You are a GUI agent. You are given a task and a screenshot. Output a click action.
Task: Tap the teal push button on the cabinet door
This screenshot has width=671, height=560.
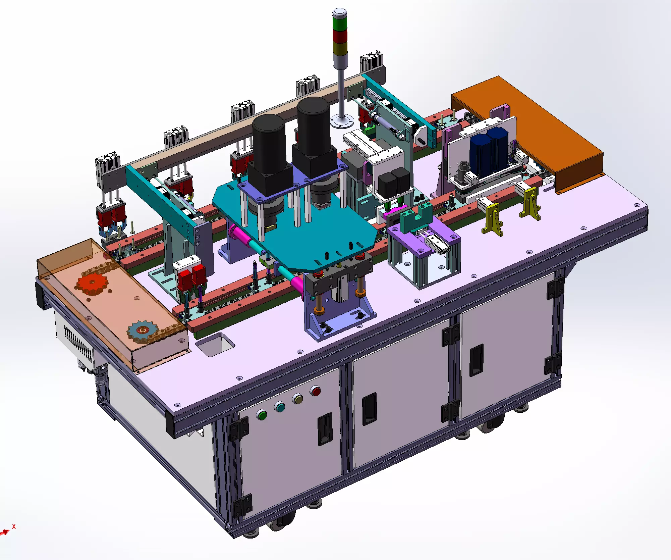[280, 407]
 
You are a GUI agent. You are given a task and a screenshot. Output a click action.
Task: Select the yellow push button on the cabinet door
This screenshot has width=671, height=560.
[297, 399]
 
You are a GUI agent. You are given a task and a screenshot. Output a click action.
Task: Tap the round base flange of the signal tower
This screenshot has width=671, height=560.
[342, 121]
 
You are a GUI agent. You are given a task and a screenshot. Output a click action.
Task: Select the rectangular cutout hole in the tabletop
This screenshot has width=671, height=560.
[215, 344]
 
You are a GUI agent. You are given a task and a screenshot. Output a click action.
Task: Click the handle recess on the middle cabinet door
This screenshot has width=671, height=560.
[369, 409]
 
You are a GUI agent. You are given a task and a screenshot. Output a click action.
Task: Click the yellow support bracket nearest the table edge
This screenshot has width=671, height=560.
[492, 219]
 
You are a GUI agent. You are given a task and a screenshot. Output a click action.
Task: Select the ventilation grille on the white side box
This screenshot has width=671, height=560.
[78, 343]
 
